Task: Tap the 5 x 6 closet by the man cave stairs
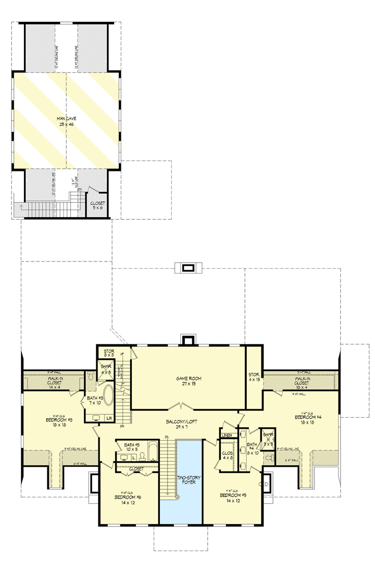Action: [97, 205]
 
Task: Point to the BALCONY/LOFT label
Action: [182, 422]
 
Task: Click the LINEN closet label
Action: [226, 435]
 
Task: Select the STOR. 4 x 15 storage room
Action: [254, 376]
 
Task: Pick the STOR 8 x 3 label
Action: [109, 353]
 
